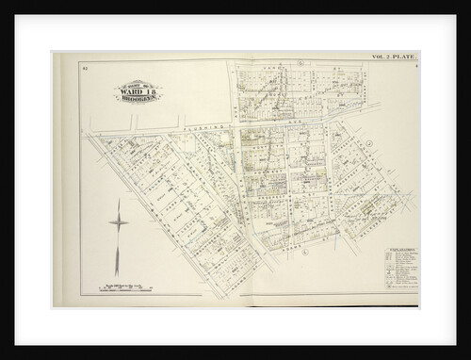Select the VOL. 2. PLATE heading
pos(391,59)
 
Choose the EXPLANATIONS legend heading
pos(389,249)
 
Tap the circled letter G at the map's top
pos(299,65)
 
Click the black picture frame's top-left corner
pos(3,3)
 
